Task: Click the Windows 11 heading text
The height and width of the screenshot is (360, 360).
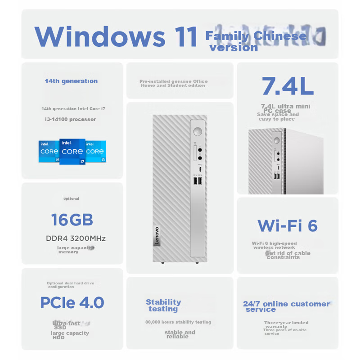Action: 116,37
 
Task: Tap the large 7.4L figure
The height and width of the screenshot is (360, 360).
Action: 288,86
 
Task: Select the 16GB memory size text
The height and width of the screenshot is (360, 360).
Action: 72,220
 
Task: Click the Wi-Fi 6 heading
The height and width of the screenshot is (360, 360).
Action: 288,225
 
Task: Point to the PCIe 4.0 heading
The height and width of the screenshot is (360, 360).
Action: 72,302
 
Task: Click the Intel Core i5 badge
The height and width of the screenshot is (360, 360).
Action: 49,151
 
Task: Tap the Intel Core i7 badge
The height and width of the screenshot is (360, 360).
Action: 72,152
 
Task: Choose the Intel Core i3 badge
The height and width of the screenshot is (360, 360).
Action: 96,151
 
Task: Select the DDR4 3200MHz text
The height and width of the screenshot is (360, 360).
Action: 76,238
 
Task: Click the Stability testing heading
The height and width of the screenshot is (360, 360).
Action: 163,306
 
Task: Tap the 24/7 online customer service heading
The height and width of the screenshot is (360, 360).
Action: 286,306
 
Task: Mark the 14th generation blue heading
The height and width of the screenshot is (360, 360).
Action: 71,81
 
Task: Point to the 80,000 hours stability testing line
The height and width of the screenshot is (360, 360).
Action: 178,322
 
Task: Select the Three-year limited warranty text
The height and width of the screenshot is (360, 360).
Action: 286,324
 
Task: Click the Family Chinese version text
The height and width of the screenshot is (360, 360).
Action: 256,41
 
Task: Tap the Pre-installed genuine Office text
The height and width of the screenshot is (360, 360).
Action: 173,83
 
